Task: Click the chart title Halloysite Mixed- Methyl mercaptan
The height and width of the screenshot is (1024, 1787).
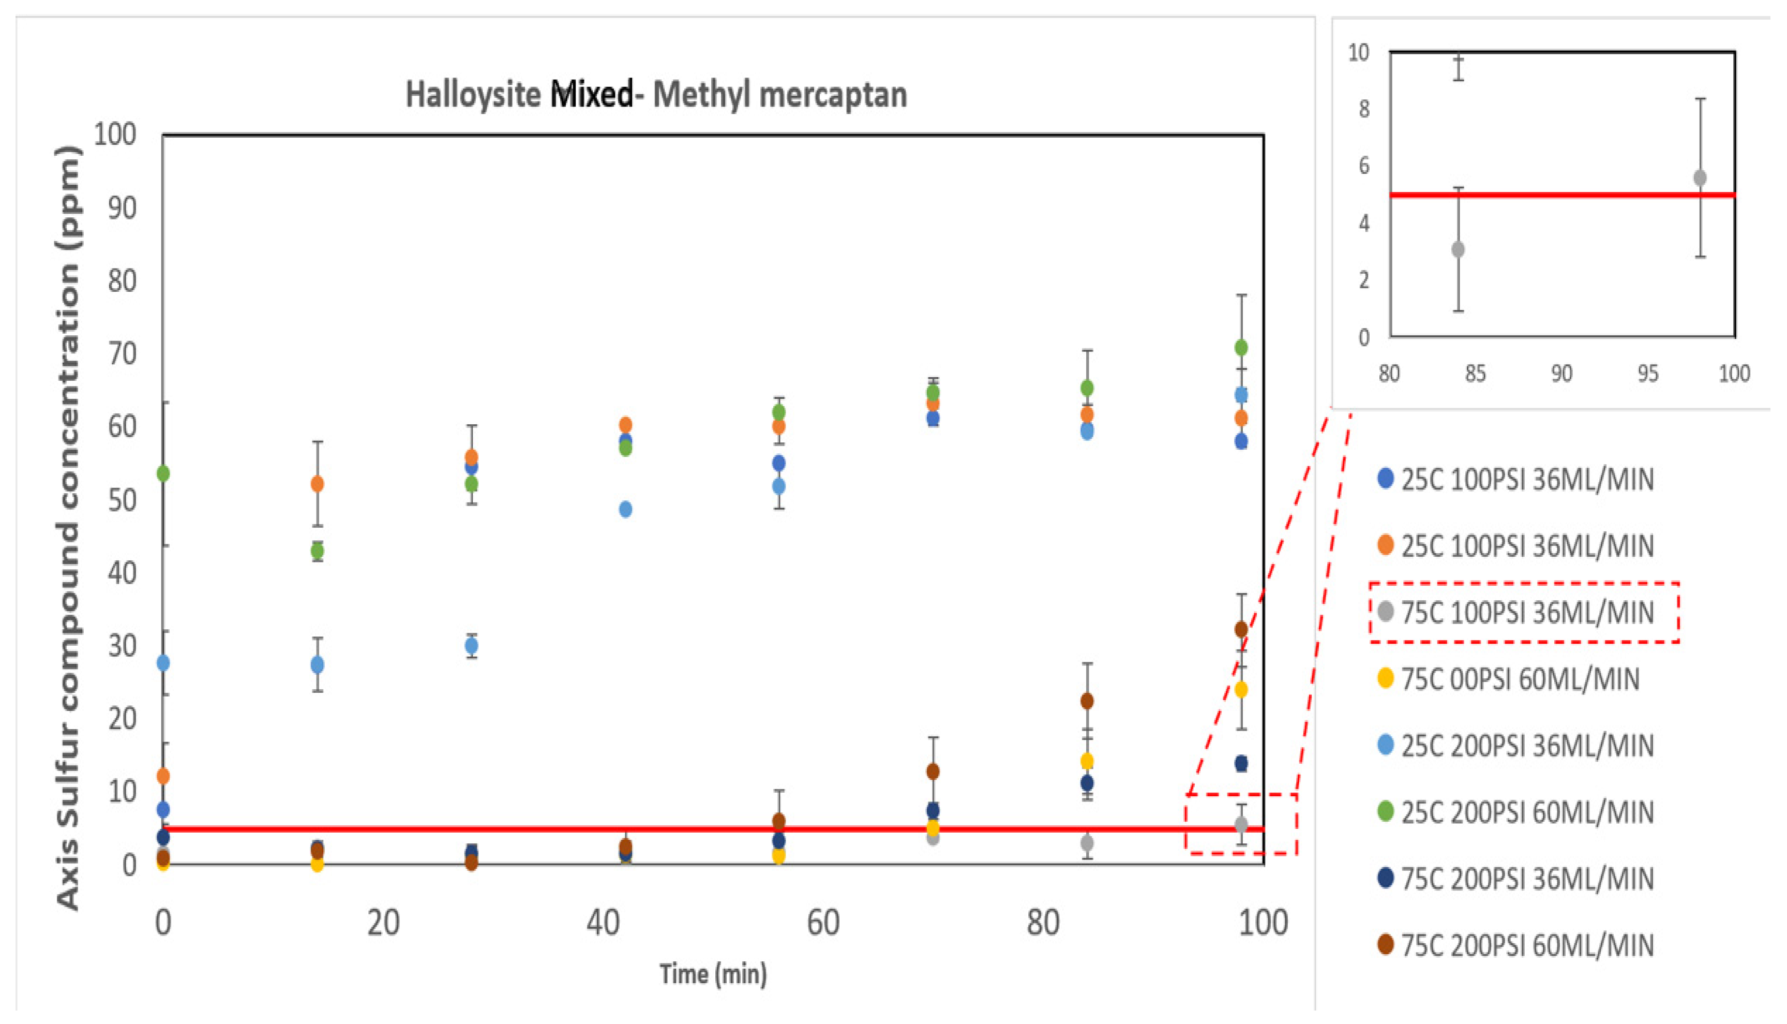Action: (x=656, y=95)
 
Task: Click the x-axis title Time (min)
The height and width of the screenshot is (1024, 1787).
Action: (x=713, y=974)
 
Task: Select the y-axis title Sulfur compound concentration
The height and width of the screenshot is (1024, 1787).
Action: (x=68, y=527)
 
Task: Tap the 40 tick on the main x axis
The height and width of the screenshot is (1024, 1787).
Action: (x=603, y=923)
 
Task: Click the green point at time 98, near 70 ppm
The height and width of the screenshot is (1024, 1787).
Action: (x=1241, y=347)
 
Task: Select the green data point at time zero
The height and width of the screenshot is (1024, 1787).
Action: (x=163, y=473)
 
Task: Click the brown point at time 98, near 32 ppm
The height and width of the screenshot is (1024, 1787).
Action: (x=1241, y=629)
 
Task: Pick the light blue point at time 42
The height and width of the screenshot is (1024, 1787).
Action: (x=625, y=509)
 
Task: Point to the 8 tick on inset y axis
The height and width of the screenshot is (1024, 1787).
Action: (x=1364, y=109)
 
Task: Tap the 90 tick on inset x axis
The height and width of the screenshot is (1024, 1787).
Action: (x=1561, y=374)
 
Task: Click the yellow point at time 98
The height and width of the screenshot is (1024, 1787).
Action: (x=1241, y=689)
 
